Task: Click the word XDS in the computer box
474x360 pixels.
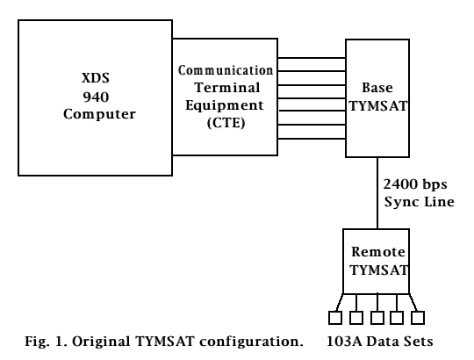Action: click(96, 78)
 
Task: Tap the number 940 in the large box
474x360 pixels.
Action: click(96, 97)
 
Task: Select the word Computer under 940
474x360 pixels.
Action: click(99, 114)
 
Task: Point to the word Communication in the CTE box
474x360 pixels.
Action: click(226, 70)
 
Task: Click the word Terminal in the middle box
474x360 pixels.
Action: click(227, 88)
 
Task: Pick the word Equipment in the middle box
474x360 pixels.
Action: click(225, 105)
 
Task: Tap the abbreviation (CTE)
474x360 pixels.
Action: click(226, 123)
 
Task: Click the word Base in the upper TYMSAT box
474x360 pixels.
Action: click(377, 88)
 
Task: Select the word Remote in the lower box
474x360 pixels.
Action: click(378, 252)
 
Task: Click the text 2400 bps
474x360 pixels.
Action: click(415, 184)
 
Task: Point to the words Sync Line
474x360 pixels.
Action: click(419, 202)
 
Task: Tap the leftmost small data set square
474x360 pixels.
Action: click(335, 318)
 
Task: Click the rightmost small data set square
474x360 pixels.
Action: click(418, 318)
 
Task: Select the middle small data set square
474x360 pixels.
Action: click(377, 318)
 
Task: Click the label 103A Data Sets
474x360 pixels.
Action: click(380, 342)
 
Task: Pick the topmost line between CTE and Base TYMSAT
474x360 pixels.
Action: click(312, 58)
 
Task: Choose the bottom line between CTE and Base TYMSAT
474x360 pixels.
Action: click(312, 139)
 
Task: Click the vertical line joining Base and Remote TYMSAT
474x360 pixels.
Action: click(377, 193)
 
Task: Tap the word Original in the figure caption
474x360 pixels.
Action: click(101, 342)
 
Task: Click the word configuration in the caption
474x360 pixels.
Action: click(252, 342)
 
